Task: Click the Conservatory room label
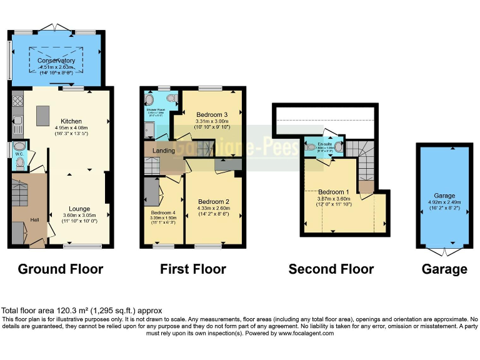[x=56, y=61]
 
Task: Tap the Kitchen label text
[x=71, y=121]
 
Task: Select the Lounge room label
[x=79, y=209]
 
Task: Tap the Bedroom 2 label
[x=214, y=201]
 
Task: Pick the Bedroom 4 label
[x=164, y=212]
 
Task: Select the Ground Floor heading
[x=61, y=269]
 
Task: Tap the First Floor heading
[x=193, y=269]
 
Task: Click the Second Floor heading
[x=331, y=269]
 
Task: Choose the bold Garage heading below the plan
[x=444, y=269]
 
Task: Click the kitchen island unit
[x=43, y=116]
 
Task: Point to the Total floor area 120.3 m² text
[x=82, y=311]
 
